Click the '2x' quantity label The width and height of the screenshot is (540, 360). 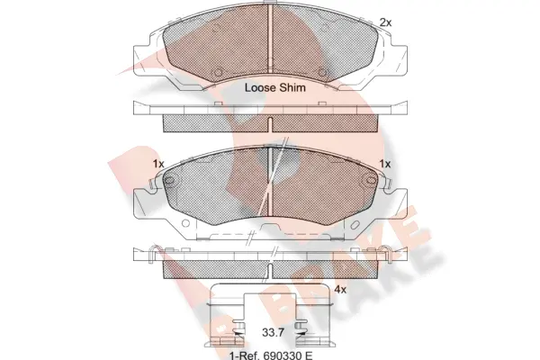pos(384,22)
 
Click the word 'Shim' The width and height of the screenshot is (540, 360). pos(294,88)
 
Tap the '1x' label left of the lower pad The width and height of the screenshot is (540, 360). pos(159,164)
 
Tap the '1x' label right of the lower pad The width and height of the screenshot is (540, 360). pos(385,164)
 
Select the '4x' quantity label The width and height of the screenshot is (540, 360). pos(340,289)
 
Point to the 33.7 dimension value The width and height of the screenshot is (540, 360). pos(273,332)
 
